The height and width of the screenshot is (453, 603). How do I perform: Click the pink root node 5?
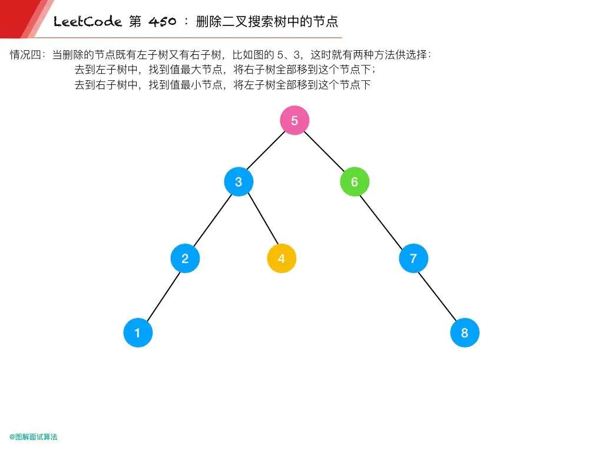point(294,121)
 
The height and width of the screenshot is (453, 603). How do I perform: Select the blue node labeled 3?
point(238,182)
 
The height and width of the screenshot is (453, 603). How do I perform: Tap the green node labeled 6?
point(354,182)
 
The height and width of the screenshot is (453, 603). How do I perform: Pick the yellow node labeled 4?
point(281,258)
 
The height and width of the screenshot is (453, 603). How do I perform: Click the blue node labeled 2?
point(185,258)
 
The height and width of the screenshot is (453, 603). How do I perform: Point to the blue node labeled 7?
point(413,258)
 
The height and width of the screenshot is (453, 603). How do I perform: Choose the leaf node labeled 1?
point(138,333)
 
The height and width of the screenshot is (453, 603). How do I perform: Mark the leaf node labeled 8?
point(465,333)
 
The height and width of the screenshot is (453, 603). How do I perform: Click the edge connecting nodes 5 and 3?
point(266,152)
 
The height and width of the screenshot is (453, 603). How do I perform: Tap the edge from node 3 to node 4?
point(260,220)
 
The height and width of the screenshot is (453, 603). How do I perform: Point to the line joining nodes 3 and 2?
point(212,220)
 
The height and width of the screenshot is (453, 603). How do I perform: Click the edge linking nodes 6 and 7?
point(384,220)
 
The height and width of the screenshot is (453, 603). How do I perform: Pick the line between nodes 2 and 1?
point(161,296)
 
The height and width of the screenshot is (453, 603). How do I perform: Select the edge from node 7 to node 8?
point(439,296)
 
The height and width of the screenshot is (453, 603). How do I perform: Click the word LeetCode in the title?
point(87,22)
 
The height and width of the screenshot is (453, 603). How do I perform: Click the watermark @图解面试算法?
point(34,437)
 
